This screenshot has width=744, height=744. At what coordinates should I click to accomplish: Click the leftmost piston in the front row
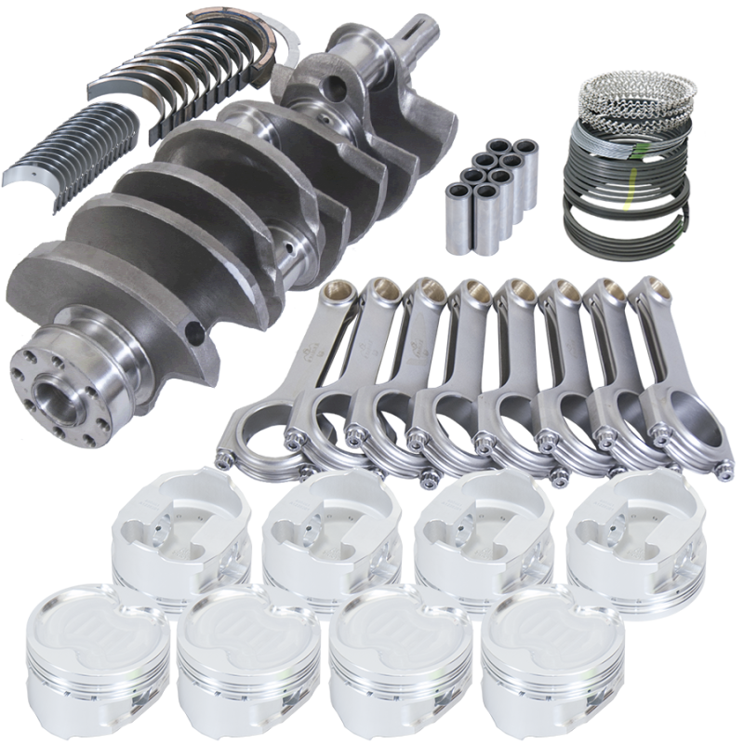point(97,647)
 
